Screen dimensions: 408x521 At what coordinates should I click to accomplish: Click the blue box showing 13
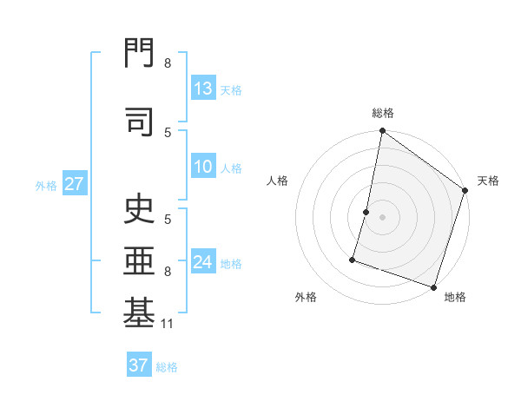pos(203,89)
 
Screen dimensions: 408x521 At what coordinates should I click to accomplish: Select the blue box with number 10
pos(203,168)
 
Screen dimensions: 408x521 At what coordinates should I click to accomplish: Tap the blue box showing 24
pos(203,262)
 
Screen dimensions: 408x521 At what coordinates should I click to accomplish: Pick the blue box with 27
pos(74,184)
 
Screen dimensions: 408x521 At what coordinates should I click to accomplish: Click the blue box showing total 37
pos(138,365)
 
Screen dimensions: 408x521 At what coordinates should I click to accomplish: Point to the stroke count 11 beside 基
pos(168,325)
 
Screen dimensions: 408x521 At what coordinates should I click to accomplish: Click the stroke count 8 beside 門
pos(168,63)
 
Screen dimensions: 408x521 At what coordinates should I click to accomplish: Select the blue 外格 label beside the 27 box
pos(46,185)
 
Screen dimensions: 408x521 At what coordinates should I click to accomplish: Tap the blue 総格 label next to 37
pos(167,367)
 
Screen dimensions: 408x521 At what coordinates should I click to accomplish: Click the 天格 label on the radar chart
pos(488,181)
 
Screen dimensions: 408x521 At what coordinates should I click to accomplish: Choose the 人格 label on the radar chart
pos(278,181)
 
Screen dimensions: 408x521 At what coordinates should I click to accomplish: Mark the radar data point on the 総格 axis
pos(382,132)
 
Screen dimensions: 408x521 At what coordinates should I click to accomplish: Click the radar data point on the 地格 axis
pos(433,286)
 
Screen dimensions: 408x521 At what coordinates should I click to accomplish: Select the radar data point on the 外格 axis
pos(353,259)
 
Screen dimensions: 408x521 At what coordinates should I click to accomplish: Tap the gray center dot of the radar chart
pos(382,217)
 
